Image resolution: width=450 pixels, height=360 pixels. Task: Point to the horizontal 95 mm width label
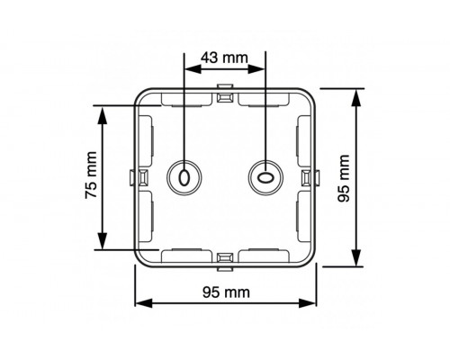(225, 292)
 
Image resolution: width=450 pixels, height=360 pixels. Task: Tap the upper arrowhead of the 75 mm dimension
(104, 111)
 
